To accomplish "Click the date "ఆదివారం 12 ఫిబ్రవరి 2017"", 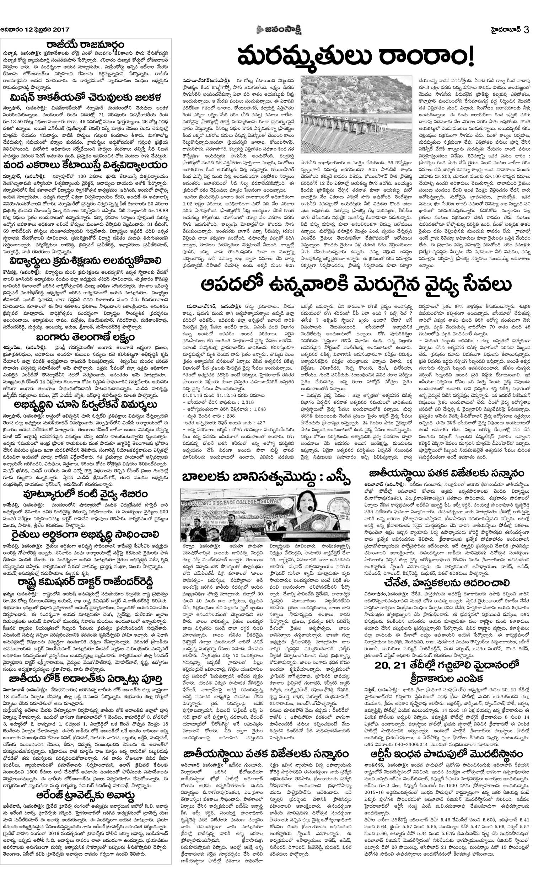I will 35,30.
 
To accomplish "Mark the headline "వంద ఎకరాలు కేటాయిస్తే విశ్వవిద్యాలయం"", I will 86,165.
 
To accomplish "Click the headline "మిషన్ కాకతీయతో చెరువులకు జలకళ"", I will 86,97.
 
